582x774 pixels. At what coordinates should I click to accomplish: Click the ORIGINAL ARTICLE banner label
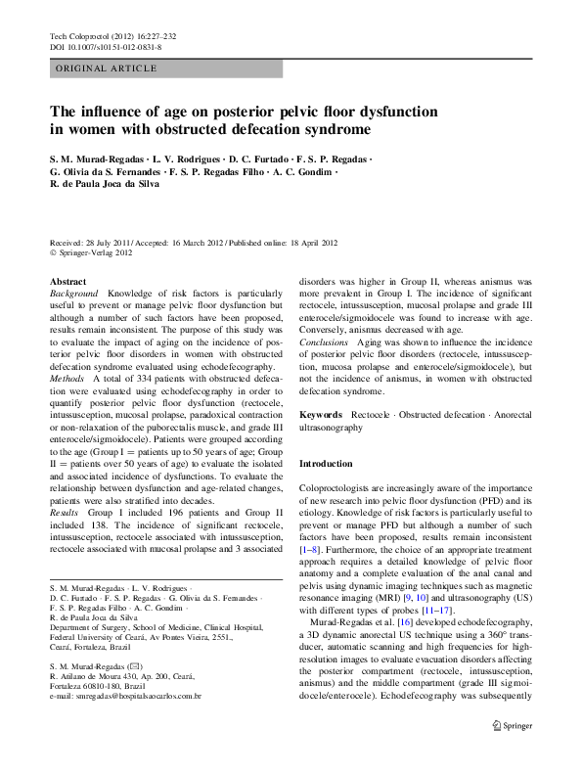105,68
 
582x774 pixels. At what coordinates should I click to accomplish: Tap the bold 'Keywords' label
321,415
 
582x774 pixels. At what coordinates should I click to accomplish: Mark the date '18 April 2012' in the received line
305,242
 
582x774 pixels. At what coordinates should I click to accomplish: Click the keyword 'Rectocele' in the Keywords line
372,415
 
